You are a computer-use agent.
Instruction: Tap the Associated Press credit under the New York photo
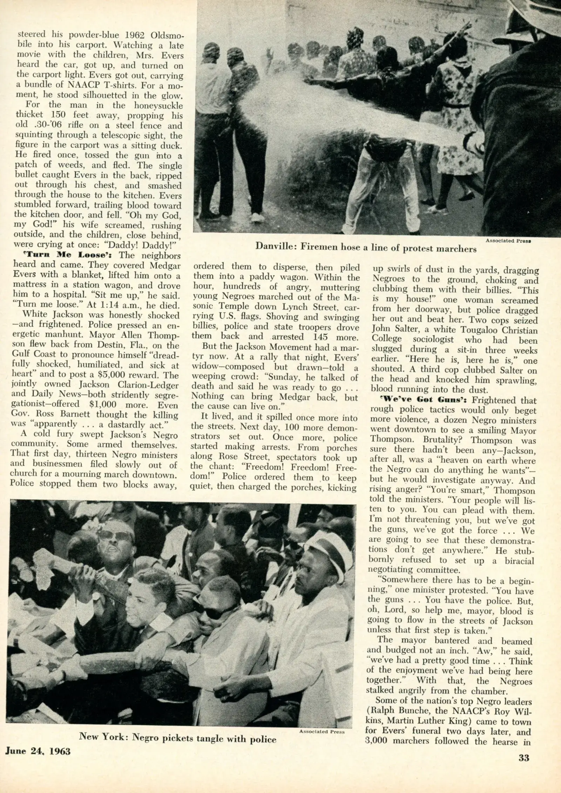tap(322, 748)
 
